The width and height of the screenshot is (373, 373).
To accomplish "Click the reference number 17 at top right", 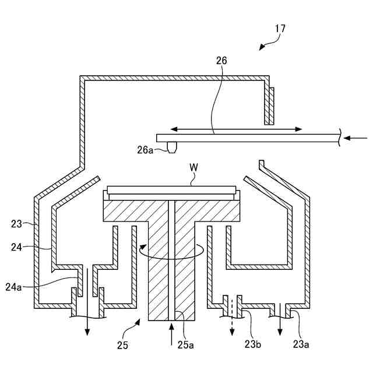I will tap(280, 28).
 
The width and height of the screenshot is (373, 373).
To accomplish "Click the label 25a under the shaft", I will tap(185, 345).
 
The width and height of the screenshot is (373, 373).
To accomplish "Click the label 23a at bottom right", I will tap(300, 345).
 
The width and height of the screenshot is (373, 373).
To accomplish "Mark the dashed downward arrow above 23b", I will tap(233, 318).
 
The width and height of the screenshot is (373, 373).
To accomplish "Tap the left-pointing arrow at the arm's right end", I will tap(355, 138).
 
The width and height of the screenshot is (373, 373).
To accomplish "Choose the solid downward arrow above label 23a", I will tap(280, 318).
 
